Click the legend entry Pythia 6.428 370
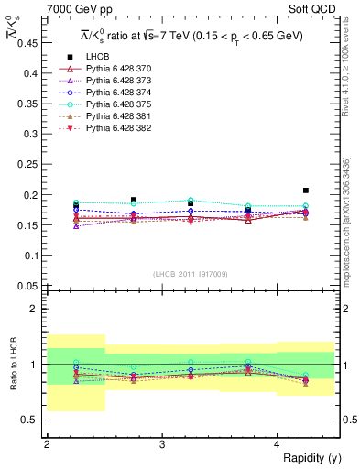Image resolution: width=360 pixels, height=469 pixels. (111, 69)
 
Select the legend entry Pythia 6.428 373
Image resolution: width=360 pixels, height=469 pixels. (111, 81)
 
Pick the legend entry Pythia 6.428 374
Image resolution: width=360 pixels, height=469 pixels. (111, 93)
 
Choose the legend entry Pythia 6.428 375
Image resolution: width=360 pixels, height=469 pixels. (111, 104)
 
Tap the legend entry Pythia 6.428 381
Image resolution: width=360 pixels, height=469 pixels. (111, 116)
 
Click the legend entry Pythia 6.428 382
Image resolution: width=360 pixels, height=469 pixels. (111, 128)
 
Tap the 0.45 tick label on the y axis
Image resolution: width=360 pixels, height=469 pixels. (29, 42)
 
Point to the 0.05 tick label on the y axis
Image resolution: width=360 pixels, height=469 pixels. (29, 286)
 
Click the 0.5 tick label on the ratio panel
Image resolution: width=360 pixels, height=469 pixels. (33, 420)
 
